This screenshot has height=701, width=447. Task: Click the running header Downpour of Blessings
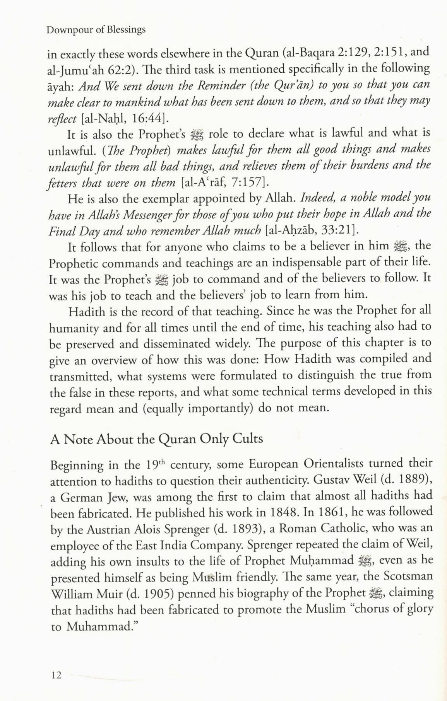click(96, 30)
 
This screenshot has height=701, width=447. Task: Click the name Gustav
click(331, 480)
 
